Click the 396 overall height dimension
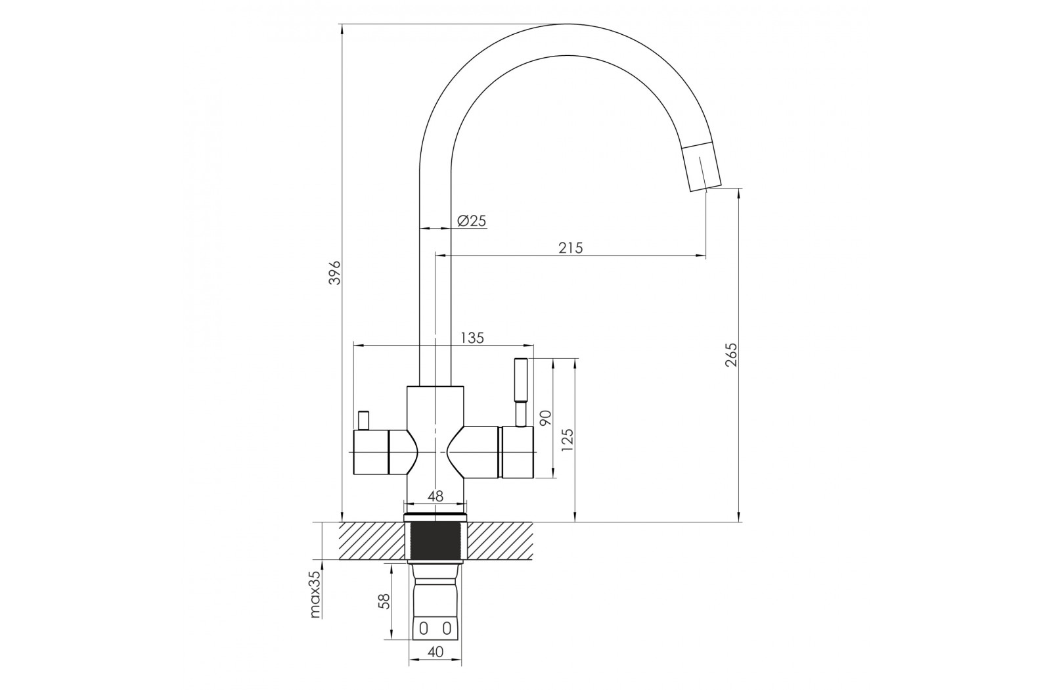click(334, 272)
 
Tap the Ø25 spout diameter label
click(471, 221)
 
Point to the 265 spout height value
click(732, 355)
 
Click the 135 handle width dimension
click(472, 338)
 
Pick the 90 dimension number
click(546, 418)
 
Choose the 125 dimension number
click(567, 440)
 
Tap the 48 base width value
click(436, 497)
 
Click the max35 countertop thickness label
click(315, 595)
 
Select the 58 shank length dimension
click(384, 601)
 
